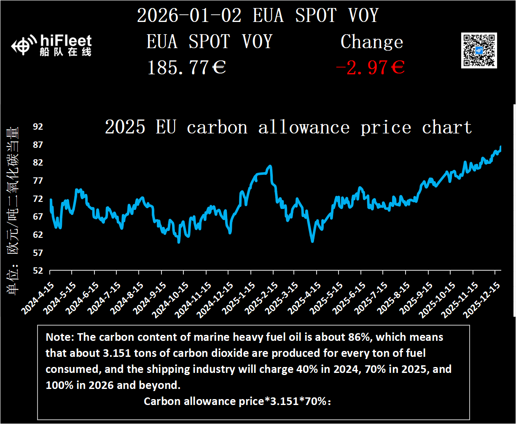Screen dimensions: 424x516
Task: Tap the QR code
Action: (x=479, y=50)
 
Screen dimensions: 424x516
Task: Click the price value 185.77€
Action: (x=186, y=68)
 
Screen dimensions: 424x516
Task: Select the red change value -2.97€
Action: (x=370, y=68)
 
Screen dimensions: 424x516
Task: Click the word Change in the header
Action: (x=371, y=42)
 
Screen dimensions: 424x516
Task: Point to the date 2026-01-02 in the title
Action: (x=189, y=16)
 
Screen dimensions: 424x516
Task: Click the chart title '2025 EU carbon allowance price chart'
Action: (x=288, y=127)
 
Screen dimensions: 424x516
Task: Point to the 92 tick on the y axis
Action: (x=38, y=127)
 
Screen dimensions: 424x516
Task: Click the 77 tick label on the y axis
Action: (x=38, y=181)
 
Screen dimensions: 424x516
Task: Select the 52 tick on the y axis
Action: (x=38, y=271)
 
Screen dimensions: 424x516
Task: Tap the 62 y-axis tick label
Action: (x=38, y=235)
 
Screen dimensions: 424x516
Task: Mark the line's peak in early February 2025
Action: (x=270, y=166)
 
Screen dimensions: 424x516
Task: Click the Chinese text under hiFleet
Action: (x=66, y=52)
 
